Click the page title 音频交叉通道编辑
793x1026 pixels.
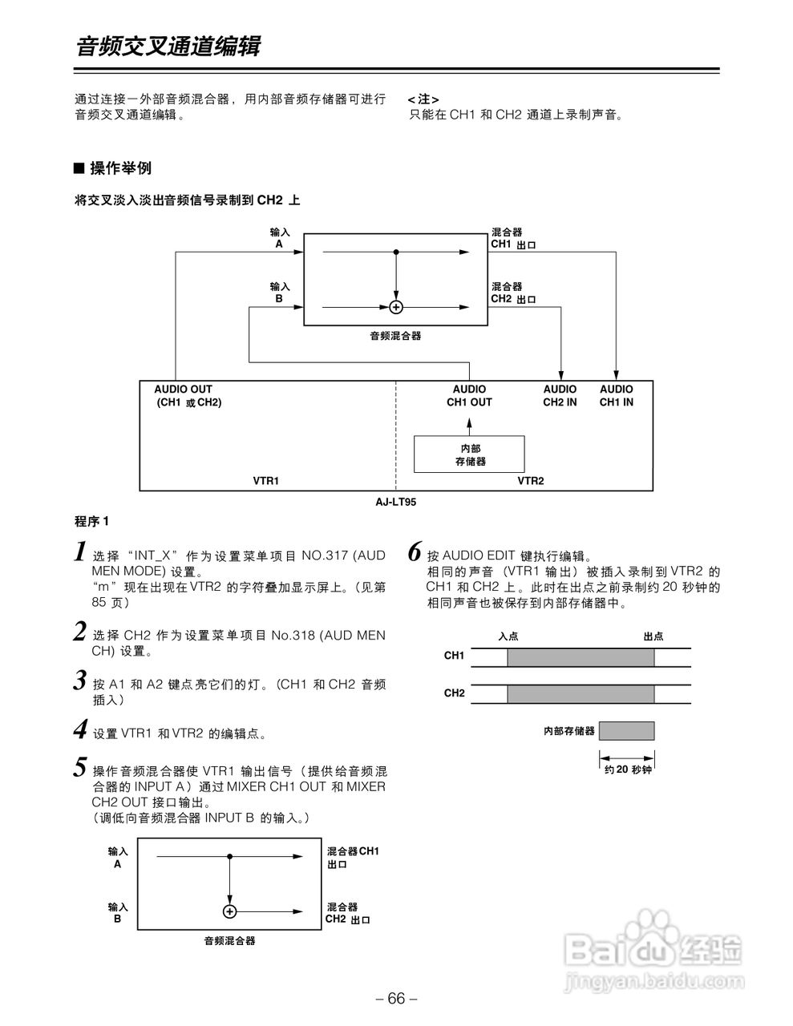[x=168, y=46]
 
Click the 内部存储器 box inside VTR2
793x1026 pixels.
[x=469, y=454]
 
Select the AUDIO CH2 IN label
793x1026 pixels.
[x=560, y=395]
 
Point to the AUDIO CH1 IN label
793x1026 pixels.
[x=616, y=395]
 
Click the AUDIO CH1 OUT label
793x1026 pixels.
[x=469, y=395]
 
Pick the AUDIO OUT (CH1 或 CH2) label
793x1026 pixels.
[x=187, y=395]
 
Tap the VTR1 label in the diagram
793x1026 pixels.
[x=265, y=481]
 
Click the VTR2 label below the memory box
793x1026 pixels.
[x=530, y=481]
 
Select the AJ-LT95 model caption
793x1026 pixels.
[x=396, y=502]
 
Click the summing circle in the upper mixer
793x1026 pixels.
[x=395, y=307]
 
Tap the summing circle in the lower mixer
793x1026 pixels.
[x=230, y=911]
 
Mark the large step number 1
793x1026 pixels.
[x=80, y=551]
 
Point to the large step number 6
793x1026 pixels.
[x=415, y=551]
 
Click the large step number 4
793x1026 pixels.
[x=80, y=729]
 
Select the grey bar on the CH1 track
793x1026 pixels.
[x=580, y=657]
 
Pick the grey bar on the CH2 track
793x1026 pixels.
[x=580, y=693]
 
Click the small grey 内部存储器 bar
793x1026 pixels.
[x=626, y=731]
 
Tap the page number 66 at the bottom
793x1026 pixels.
[x=396, y=999]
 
